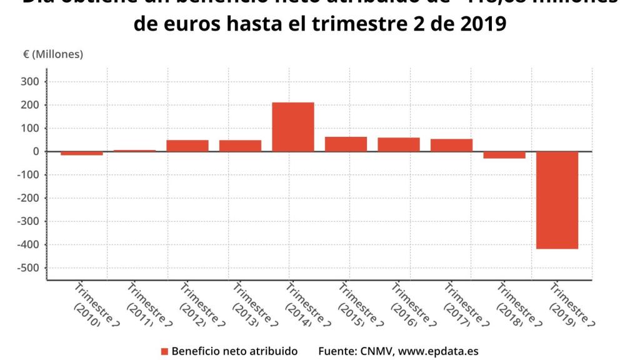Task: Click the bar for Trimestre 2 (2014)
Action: point(292,127)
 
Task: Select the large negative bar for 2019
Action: point(557,200)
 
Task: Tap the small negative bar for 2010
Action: point(81,153)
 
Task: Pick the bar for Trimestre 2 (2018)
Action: point(504,155)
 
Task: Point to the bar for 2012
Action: point(187,146)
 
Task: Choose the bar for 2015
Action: point(346,144)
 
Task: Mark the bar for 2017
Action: point(451,145)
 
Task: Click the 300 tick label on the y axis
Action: point(31,82)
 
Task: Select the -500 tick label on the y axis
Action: point(29,267)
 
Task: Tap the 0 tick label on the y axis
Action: point(37,151)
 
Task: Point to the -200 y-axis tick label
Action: point(29,198)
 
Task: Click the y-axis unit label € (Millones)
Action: point(53,54)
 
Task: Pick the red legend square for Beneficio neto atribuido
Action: point(164,351)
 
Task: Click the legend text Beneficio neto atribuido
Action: point(234,351)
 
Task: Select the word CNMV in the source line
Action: point(374,351)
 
